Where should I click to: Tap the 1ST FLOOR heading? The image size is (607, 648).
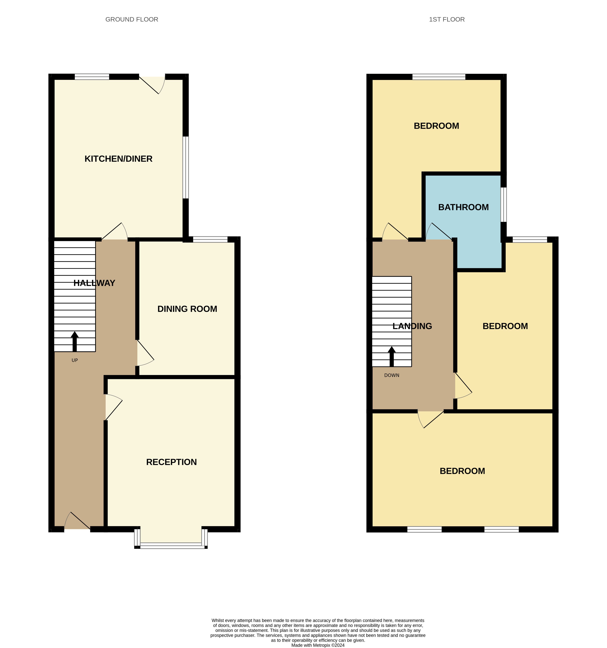click(446, 20)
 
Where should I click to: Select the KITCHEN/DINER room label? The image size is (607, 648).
click(118, 159)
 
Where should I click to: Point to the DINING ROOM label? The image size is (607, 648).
click(187, 309)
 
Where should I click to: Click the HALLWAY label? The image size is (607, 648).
click(94, 283)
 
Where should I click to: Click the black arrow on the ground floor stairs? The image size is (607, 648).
click(75, 341)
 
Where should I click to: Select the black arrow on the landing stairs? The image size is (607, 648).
click(392, 356)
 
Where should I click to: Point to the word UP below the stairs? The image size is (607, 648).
click(75, 360)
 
